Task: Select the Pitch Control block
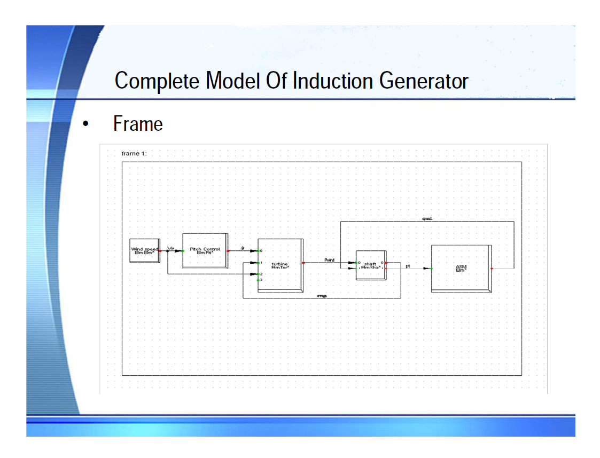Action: tap(205, 250)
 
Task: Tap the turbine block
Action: tap(280, 265)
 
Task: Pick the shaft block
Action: tap(370, 265)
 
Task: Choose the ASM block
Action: tap(461, 268)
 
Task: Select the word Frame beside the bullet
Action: tap(138, 124)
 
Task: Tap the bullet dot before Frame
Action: tap(84, 124)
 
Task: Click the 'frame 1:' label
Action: tap(134, 154)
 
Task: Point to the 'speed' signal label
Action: tap(427, 218)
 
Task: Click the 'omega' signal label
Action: tap(322, 296)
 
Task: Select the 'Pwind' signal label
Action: tap(329, 260)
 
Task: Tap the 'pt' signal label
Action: tap(408, 265)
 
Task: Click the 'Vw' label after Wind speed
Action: tap(171, 248)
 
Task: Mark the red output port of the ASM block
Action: tap(492, 269)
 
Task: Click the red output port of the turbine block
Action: tap(303, 263)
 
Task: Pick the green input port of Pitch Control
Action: tap(183, 250)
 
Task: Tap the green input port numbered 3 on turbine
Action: tap(258, 280)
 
